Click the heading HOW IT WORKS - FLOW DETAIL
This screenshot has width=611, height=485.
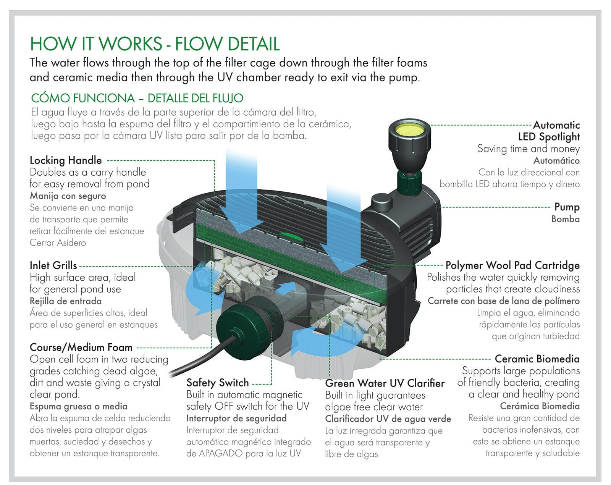click(x=155, y=44)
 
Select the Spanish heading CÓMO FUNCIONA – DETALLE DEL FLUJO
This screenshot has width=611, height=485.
click(x=137, y=98)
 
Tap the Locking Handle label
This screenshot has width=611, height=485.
click(x=66, y=160)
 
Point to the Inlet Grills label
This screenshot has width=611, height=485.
click(x=53, y=265)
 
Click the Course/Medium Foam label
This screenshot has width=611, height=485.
click(x=81, y=348)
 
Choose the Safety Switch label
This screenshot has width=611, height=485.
click(x=217, y=383)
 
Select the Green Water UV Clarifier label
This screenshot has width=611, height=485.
click(x=385, y=383)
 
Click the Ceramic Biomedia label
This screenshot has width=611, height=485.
click(x=537, y=359)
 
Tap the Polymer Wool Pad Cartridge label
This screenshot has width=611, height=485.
click(x=512, y=265)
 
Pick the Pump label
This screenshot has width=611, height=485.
click(x=567, y=207)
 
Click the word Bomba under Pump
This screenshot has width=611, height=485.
click(x=565, y=219)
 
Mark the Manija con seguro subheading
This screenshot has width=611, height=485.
click(x=68, y=196)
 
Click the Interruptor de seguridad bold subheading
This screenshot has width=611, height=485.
click(x=236, y=418)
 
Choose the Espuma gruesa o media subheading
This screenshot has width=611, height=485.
click(x=78, y=406)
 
